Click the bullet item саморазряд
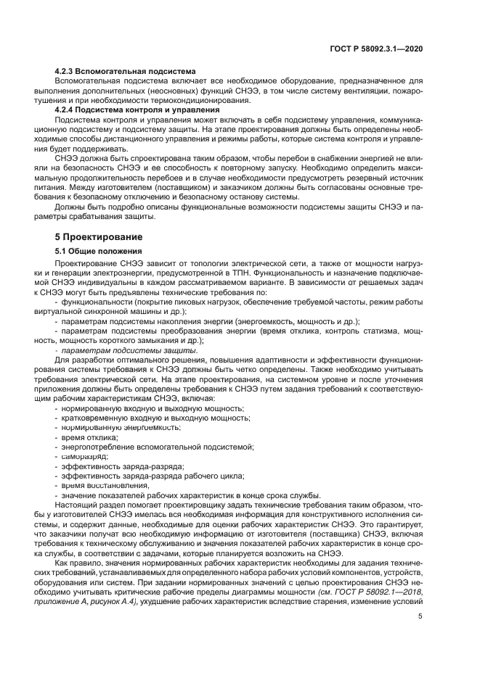[x=84, y=457]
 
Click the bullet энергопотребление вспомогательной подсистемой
[x=152, y=447]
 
